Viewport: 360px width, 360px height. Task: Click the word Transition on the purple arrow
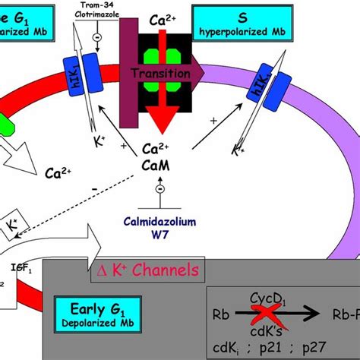[x=159, y=74]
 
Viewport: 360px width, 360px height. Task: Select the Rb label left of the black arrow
[x=222, y=312]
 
